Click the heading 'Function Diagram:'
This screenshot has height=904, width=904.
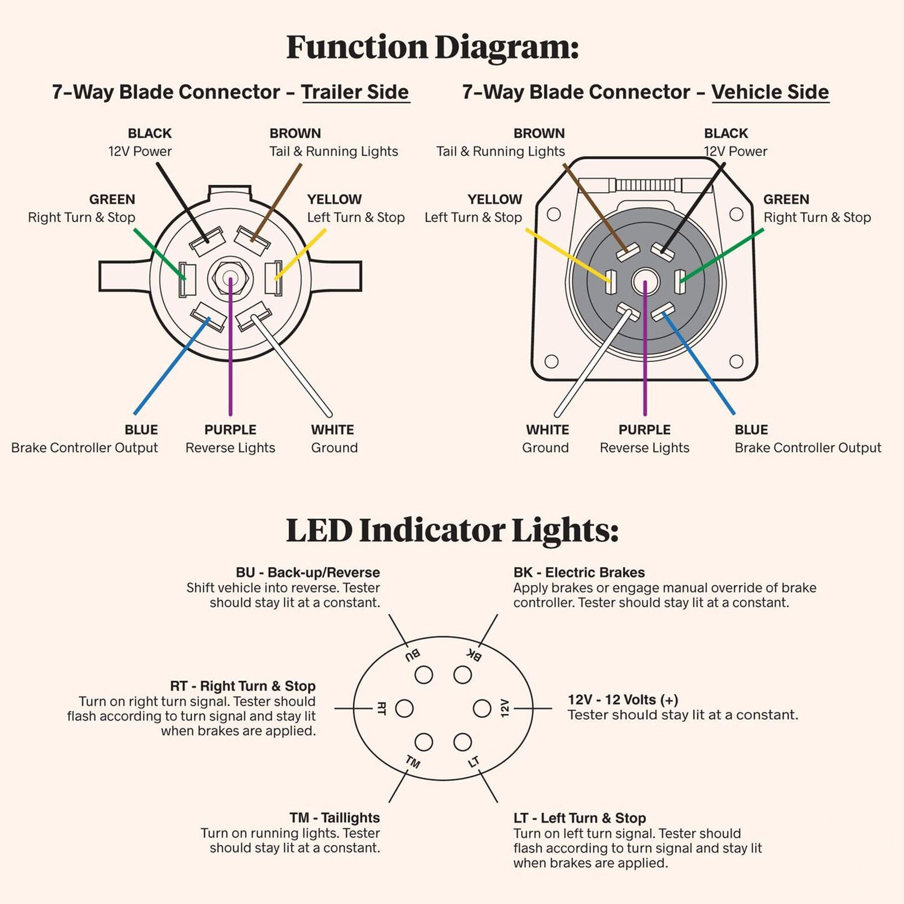pyautogui.click(x=432, y=47)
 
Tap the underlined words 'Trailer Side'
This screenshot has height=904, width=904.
pyautogui.click(x=355, y=92)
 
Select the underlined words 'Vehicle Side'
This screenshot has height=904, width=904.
pyautogui.click(x=770, y=92)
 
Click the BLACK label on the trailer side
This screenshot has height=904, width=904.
pyautogui.click(x=149, y=133)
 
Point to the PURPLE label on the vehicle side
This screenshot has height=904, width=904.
pyautogui.click(x=644, y=429)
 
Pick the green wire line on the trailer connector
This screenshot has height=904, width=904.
pyautogui.click(x=159, y=254)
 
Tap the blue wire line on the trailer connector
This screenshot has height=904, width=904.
pyautogui.click(x=172, y=366)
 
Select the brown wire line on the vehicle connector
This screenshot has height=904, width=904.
pyautogui.click(x=596, y=208)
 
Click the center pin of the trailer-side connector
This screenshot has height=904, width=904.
pyautogui.click(x=230, y=278)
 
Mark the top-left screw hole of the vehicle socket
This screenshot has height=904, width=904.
pyautogui.click(x=554, y=214)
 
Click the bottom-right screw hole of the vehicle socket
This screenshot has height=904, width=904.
pyautogui.click(x=736, y=361)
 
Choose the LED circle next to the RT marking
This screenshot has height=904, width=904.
pyautogui.click(x=404, y=708)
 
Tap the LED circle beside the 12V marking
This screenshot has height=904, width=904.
pyautogui.click(x=482, y=708)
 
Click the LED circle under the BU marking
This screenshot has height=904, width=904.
pyautogui.click(x=424, y=675)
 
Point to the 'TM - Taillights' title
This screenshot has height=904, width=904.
pyautogui.click(x=334, y=818)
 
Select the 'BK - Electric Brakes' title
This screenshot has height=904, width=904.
pyautogui.click(x=579, y=572)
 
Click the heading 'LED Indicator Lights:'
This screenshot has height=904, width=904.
pyautogui.click(x=452, y=531)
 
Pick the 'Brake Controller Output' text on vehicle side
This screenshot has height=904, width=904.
pyautogui.click(x=808, y=447)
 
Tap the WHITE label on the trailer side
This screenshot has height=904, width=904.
pyautogui.click(x=332, y=429)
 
